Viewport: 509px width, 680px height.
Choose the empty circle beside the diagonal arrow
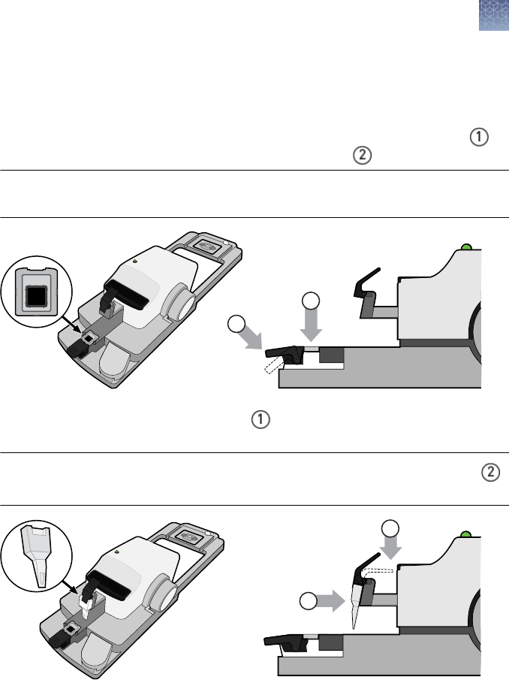click(x=237, y=325)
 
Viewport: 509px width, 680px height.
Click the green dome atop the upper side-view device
click(x=466, y=246)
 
